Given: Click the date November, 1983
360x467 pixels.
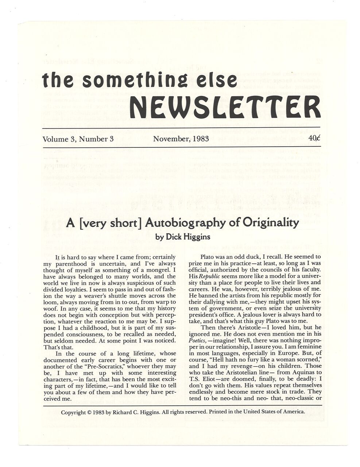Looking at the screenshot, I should point(181,139).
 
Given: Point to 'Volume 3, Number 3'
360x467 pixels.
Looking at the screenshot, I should point(78,139).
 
